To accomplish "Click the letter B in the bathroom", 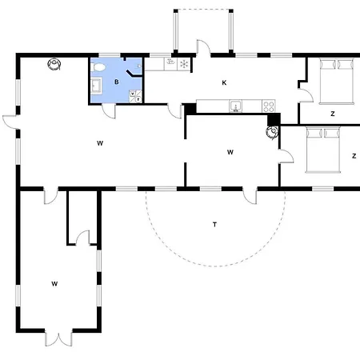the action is (117, 82).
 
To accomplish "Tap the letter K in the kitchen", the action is (224, 83).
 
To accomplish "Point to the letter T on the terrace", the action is (214, 225).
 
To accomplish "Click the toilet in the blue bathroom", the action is (98, 67).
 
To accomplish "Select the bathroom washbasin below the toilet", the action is (96, 86).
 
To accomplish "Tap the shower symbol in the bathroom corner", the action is (136, 96).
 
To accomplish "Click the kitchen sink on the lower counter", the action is (236, 106).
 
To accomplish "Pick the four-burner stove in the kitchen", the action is (269, 106).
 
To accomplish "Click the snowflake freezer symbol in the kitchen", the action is (184, 64).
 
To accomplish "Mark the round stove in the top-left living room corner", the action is (54, 64).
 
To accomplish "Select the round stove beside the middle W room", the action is (273, 132).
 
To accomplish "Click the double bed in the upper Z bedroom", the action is (337, 82).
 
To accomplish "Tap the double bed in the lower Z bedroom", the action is (323, 150).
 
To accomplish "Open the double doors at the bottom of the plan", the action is (58, 338).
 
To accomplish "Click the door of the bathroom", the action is (109, 111).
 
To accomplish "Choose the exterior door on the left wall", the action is (11, 122).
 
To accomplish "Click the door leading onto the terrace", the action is (250, 197).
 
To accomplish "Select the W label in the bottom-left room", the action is (54, 284).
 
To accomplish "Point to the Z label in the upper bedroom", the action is (333, 114).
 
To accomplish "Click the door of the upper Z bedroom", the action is (306, 95).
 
